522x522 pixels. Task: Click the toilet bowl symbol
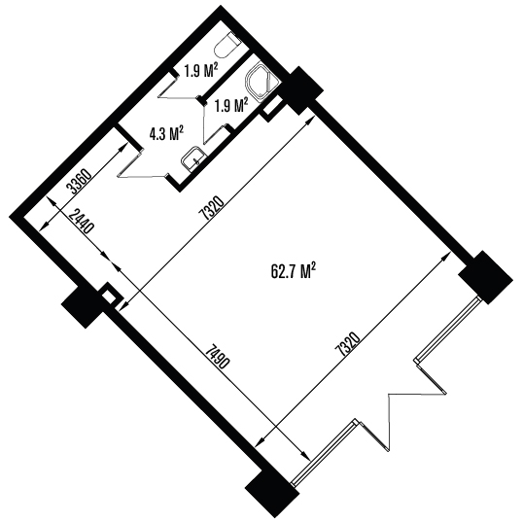point(227,46)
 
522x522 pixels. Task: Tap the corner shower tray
point(261,81)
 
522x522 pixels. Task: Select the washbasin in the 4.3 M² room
point(193,158)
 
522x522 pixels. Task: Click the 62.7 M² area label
point(294,271)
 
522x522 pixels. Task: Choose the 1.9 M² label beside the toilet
point(201,71)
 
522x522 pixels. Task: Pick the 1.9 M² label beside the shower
point(231,105)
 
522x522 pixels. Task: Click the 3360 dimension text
point(79,183)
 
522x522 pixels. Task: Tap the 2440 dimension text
point(82,223)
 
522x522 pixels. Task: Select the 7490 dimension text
point(218,357)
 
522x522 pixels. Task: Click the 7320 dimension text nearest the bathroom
point(210,209)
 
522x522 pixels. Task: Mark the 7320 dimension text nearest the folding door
point(348,343)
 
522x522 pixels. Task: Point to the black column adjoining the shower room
point(302,90)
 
